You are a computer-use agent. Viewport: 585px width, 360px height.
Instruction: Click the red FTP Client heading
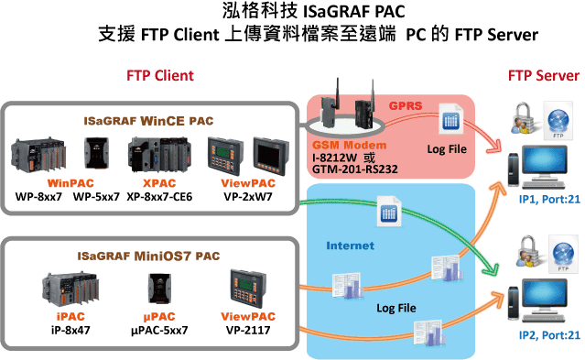[160, 76]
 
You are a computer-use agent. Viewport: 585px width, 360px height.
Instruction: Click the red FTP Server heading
[544, 76]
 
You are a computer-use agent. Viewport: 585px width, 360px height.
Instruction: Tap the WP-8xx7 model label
[38, 197]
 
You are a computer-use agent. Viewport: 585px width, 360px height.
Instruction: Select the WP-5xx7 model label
[96, 197]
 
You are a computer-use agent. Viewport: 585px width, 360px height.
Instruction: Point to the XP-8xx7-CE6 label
[159, 197]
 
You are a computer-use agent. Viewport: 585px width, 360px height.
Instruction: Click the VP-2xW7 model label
[248, 197]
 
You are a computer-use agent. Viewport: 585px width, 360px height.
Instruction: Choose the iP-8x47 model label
[70, 330]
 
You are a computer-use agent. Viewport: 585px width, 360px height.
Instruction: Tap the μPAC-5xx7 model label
[159, 330]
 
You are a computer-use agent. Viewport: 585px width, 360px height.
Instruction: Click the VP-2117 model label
[248, 330]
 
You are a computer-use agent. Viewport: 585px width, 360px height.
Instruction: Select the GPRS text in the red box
[406, 105]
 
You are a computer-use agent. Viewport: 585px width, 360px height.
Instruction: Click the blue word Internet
[350, 245]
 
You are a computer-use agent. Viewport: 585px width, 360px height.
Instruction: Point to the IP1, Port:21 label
[549, 200]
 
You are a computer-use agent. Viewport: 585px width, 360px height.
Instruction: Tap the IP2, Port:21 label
[549, 335]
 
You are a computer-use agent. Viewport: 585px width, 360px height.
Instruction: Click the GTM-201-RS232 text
[355, 169]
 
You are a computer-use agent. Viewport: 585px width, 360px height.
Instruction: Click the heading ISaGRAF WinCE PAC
[148, 121]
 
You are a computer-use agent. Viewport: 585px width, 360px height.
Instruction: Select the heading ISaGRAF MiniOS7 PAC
[148, 256]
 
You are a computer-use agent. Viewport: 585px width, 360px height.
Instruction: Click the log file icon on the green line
[389, 212]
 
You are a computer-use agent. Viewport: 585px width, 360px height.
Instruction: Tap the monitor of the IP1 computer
[545, 162]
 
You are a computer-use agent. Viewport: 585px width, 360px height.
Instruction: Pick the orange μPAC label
[159, 317]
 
